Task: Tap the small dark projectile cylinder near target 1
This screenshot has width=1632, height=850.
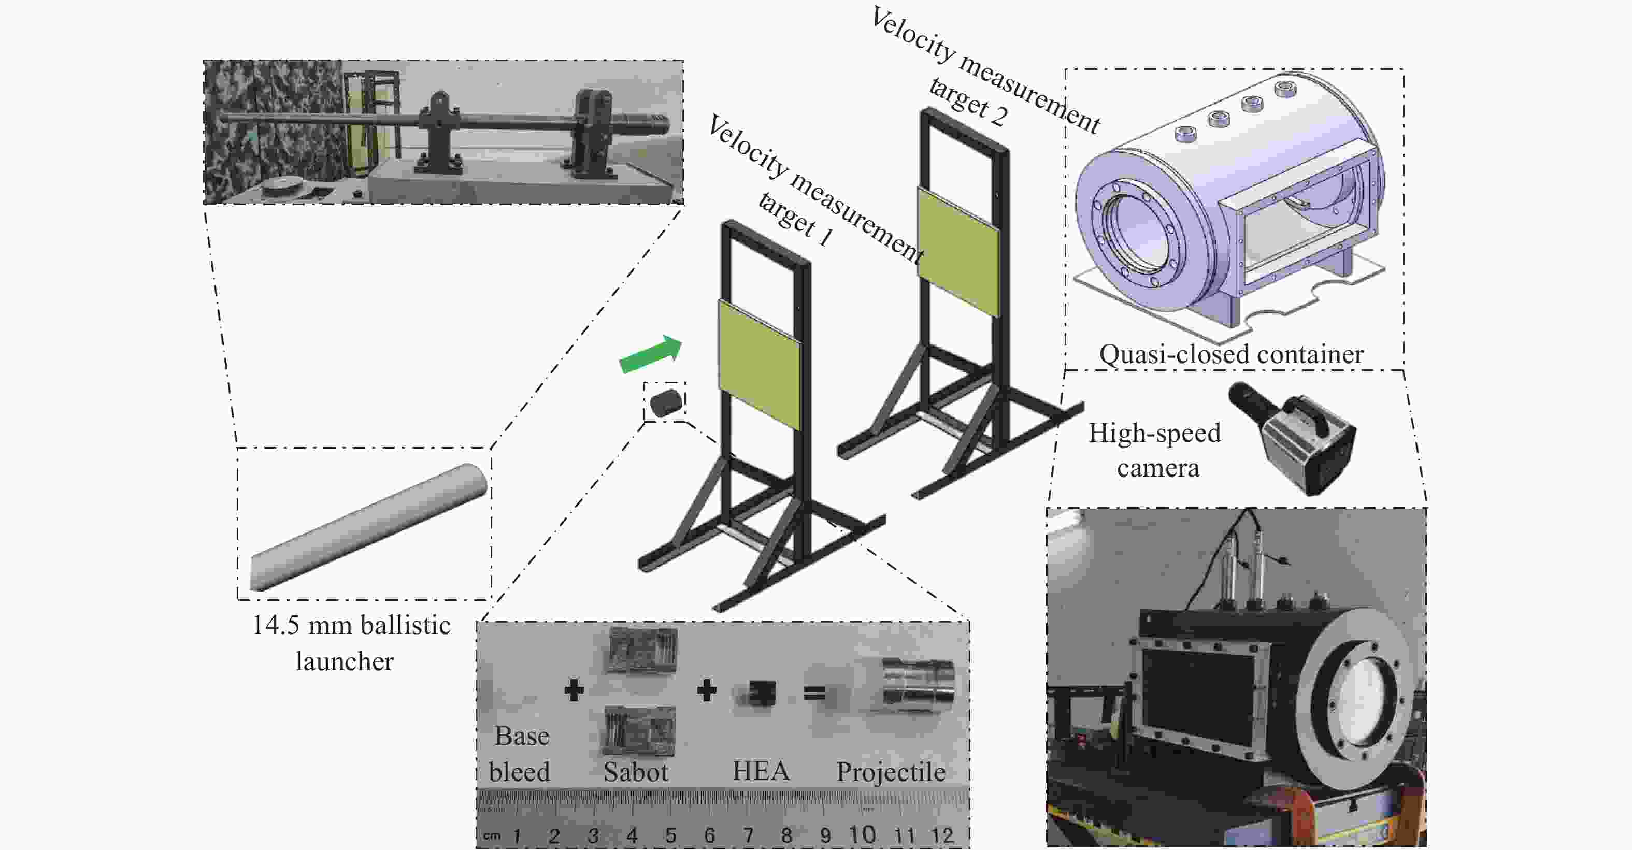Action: click(x=665, y=402)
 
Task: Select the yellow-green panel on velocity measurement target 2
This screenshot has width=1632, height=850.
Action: click(x=958, y=252)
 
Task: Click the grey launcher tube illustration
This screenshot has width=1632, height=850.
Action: click(x=369, y=527)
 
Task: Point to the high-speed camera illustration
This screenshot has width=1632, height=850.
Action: click(x=1293, y=437)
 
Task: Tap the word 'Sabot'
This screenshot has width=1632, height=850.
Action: click(x=635, y=771)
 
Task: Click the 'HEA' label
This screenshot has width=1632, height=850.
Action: click(x=761, y=771)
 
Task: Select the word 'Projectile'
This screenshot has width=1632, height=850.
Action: click(x=891, y=771)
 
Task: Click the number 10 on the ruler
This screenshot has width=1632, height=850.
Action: click(x=862, y=834)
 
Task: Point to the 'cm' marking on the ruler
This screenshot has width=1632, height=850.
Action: click(x=492, y=836)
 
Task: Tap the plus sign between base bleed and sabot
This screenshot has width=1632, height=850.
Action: click(x=574, y=690)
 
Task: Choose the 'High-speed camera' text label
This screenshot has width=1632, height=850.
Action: click(x=1155, y=450)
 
